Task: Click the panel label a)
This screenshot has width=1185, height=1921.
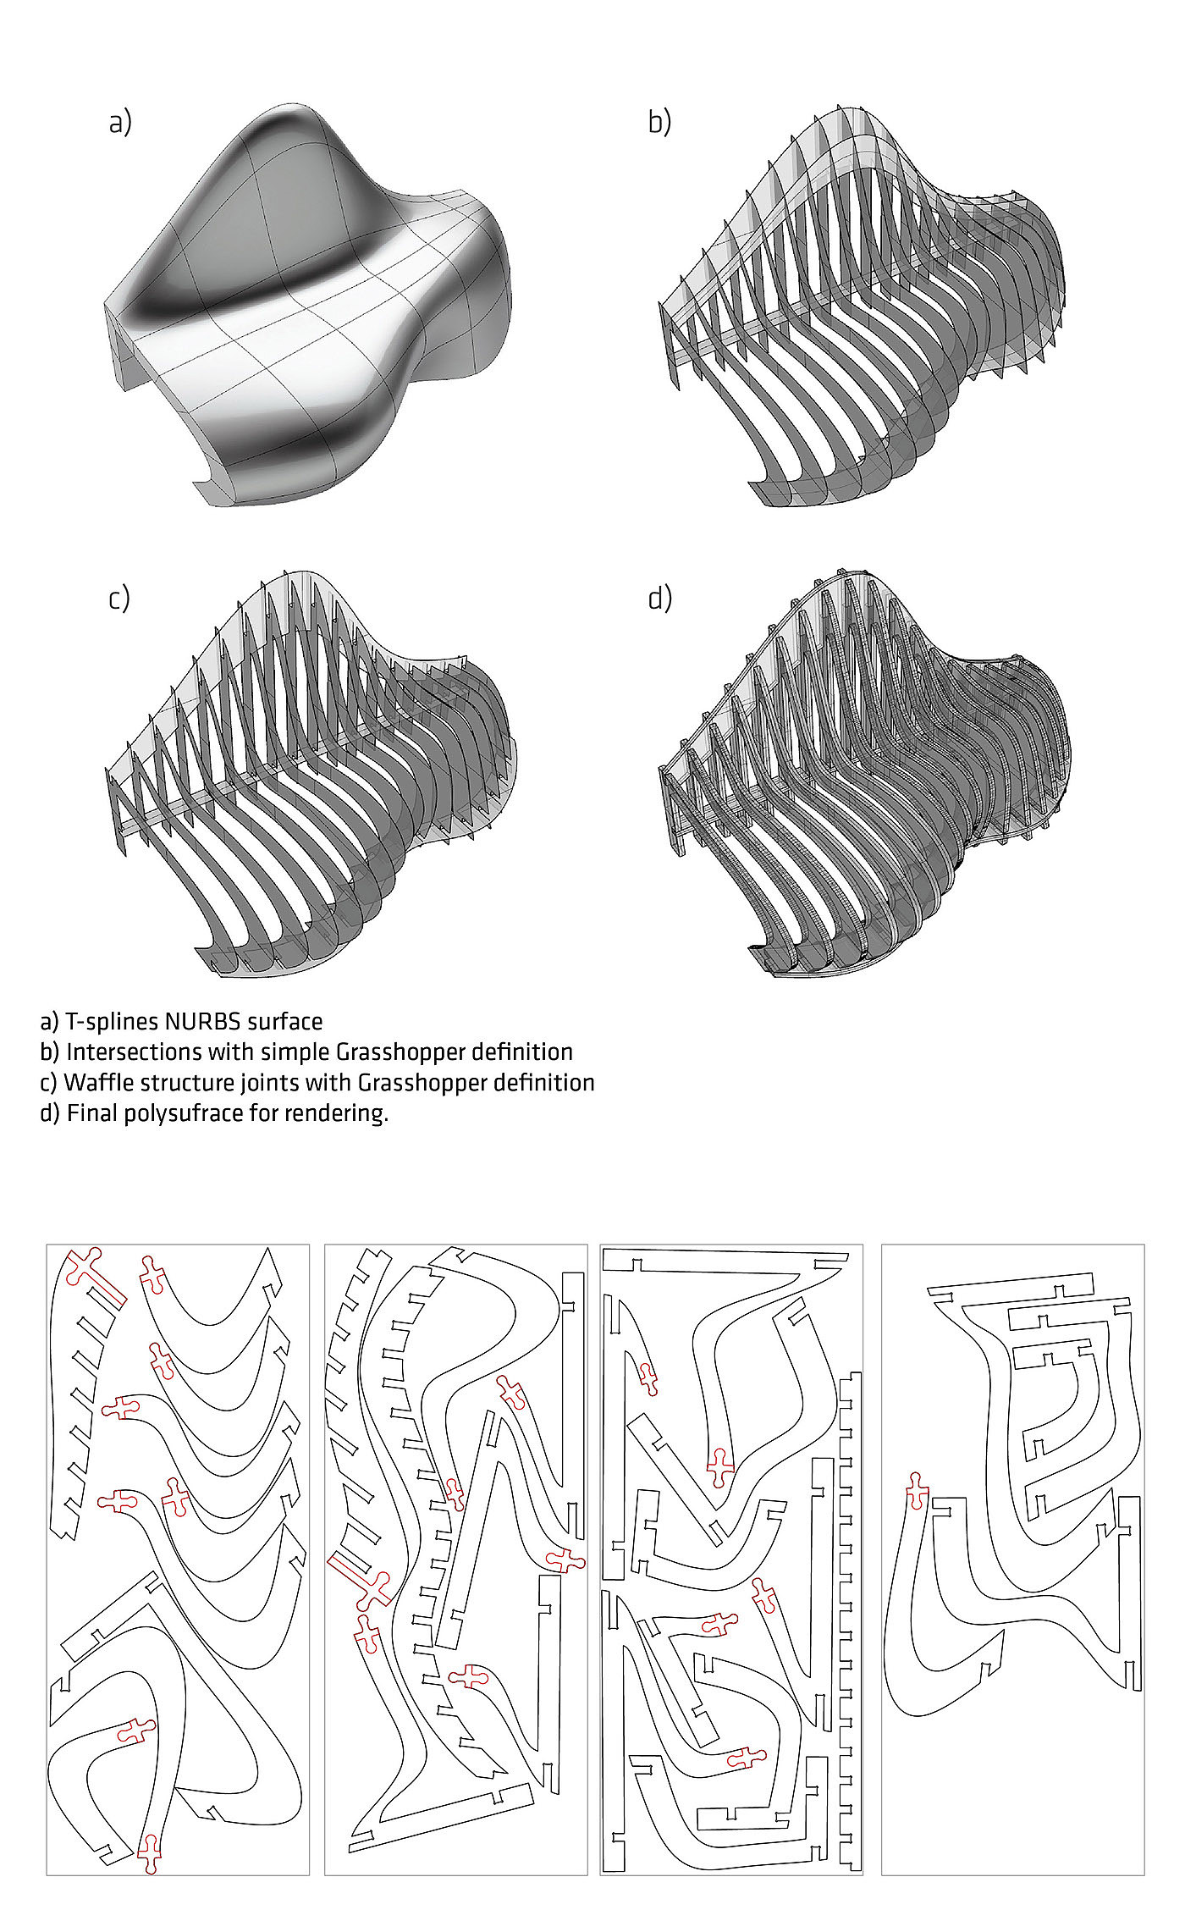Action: click(x=120, y=123)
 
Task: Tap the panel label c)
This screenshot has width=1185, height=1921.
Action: click(x=119, y=599)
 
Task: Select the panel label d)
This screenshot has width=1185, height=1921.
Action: click(x=659, y=599)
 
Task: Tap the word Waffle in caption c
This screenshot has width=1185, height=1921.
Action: click(x=95, y=1082)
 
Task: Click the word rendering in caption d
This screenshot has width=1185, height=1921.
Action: click(x=346, y=1113)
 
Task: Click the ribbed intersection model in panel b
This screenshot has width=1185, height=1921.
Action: click(x=859, y=309)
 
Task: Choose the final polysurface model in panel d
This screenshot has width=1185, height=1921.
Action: click(x=863, y=775)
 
